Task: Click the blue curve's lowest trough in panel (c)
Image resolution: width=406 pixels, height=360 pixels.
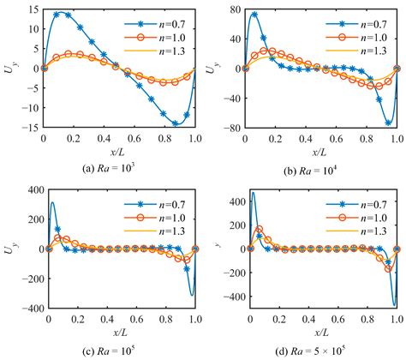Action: click(192, 295)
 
